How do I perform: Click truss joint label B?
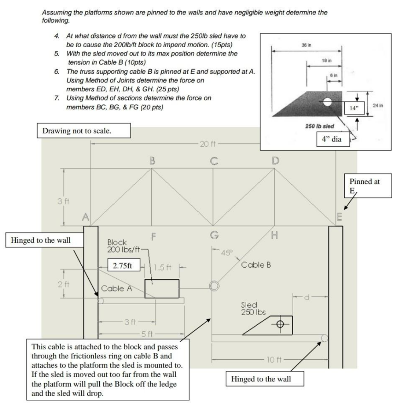152,162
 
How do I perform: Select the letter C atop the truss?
213,162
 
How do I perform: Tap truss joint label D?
275,162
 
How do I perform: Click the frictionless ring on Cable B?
214,285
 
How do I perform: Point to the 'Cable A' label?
115,288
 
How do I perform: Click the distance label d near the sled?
307,298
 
